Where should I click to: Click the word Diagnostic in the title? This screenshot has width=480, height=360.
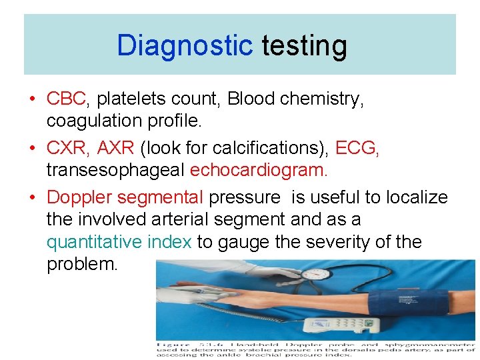click(x=185, y=46)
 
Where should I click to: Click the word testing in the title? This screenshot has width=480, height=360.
click(x=304, y=47)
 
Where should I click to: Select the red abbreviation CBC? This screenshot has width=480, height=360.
click(x=67, y=99)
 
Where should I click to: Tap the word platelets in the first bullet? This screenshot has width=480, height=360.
click(x=127, y=99)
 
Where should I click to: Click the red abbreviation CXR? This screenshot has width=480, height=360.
click(x=67, y=147)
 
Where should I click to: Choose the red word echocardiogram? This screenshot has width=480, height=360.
click(x=259, y=171)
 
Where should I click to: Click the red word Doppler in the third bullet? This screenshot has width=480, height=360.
click(x=79, y=197)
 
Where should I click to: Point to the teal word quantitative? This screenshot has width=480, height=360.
click(x=95, y=241)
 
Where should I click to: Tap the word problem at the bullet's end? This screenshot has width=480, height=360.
click(x=81, y=265)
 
